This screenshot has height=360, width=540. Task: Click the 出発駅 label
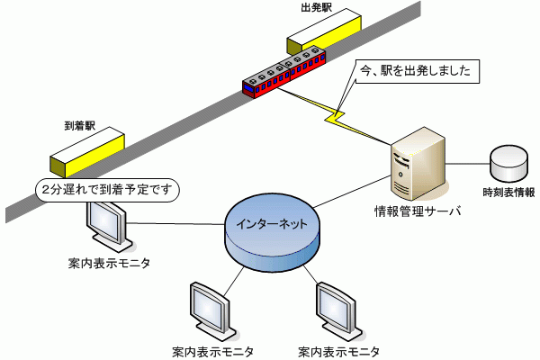(316, 7)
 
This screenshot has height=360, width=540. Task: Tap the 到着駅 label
(80, 126)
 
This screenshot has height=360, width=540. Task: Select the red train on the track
(284, 72)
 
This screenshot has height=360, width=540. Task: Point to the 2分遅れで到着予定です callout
(107, 190)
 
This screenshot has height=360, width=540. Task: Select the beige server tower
(418, 164)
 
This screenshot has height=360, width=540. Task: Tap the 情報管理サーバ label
(417, 211)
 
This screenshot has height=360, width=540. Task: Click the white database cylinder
(508, 163)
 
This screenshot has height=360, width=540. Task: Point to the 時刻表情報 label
(508, 193)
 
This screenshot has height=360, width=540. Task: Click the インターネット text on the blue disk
(272, 224)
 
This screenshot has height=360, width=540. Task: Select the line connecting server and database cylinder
(468, 164)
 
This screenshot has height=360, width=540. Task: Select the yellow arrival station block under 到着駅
(87, 152)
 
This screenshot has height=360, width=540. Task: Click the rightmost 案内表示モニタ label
(339, 352)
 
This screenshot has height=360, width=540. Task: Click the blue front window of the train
(248, 86)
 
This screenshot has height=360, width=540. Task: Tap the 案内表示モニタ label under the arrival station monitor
(109, 264)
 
